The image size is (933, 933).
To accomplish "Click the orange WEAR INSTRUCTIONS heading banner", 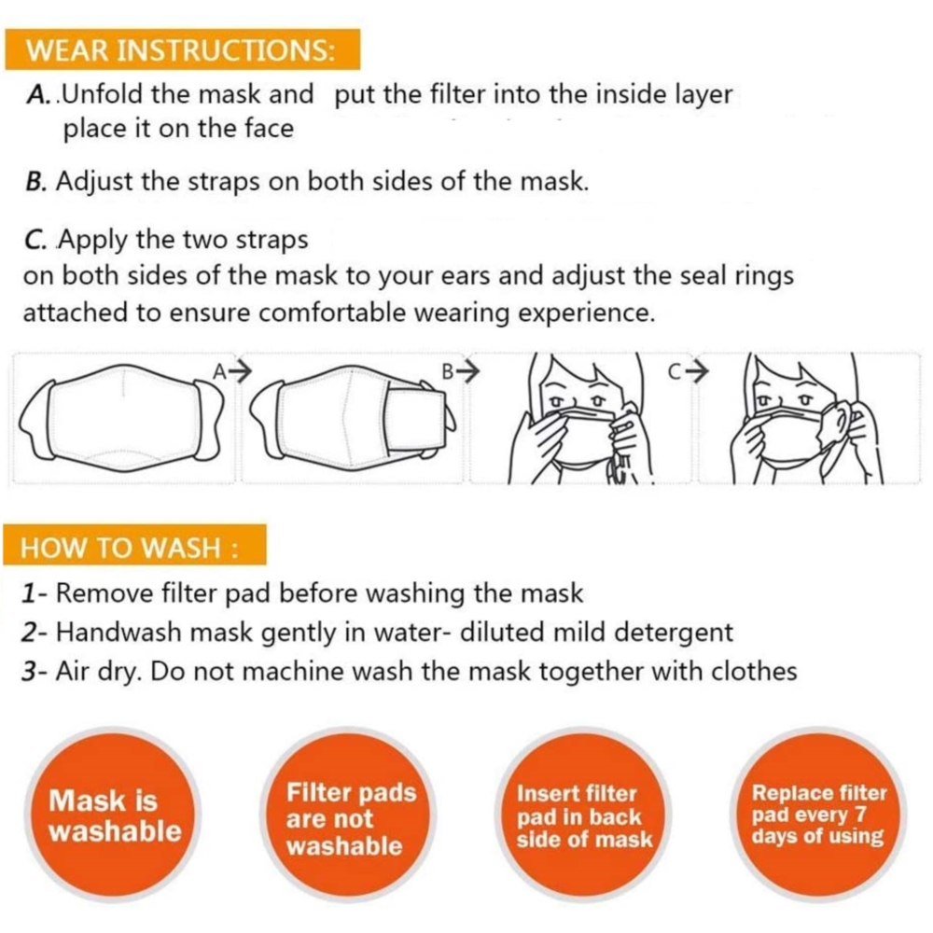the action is pos(183,49).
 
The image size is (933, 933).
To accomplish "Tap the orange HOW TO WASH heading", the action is pos(135,545).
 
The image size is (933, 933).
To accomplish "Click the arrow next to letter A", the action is pos(241,372).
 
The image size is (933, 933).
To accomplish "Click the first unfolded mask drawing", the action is pos(120,413).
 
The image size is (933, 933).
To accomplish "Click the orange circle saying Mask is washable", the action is pos(113,815).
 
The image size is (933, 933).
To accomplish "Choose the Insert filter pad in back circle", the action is pos(583,815).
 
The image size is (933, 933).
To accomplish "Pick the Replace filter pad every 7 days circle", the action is pos(819,815).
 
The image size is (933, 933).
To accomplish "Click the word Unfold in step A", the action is pos(103,94).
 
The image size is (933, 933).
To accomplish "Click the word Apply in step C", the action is pos(93,241).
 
